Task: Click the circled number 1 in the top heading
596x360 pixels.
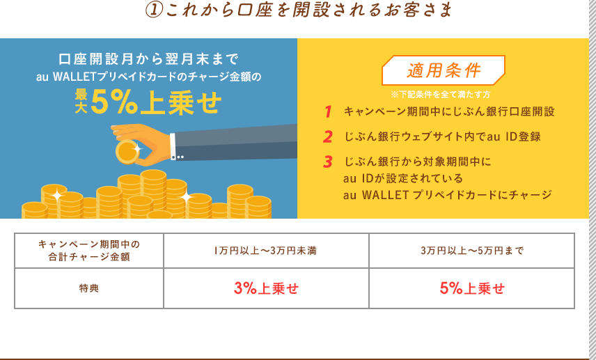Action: (154, 10)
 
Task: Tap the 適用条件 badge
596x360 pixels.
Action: (444, 70)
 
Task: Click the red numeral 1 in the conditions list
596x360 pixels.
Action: (328, 112)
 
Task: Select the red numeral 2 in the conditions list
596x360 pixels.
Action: (328, 137)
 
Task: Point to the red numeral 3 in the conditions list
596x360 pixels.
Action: (328, 162)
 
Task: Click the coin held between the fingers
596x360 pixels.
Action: (127, 152)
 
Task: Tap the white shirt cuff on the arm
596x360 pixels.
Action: (173, 146)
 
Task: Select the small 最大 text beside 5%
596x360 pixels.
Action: (81, 102)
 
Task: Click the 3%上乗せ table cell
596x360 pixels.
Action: (266, 288)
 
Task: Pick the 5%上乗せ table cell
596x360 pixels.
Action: (471, 288)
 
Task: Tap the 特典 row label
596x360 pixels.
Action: (89, 288)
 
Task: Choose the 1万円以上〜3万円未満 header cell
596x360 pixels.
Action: (266, 251)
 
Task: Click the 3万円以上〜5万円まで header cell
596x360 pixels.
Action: (471, 251)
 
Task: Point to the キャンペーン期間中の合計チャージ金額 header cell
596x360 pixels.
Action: (89, 251)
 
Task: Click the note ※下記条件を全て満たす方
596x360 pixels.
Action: (441, 94)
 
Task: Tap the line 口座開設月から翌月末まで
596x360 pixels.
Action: (148, 59)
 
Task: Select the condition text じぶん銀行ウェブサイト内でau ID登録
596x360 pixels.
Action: (442, 136)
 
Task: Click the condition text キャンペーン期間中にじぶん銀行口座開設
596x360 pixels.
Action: (449, 111)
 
